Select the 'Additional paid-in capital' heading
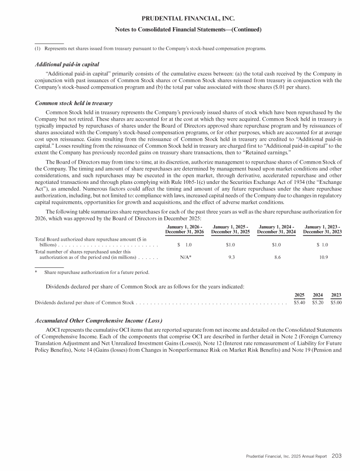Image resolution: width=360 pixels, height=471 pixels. [x=67, y=64]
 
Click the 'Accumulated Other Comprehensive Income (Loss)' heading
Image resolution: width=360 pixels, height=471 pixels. [x=99, y=320]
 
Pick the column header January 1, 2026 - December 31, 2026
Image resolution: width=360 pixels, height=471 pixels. [x=184, y=230]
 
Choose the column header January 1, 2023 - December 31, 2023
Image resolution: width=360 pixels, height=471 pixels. [x=322, y=230]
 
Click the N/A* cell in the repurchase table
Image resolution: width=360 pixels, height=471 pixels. [x=184, y=257]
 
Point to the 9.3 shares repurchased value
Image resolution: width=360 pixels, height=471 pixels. [x=231, y=257]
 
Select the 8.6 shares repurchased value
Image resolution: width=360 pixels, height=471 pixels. [x=277, y=257]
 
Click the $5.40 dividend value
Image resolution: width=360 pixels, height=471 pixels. [x=300, y=303]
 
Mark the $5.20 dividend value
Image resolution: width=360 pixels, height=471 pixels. [x=318, y=303]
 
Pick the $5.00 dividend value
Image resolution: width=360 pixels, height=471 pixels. [x=336, y=303]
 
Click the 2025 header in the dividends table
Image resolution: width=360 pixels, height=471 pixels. [x=300, y=295]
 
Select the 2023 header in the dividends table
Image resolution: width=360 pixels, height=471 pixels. [x=336, y=295]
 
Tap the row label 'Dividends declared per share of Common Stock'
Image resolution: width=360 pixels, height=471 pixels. [x=85, y=303]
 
